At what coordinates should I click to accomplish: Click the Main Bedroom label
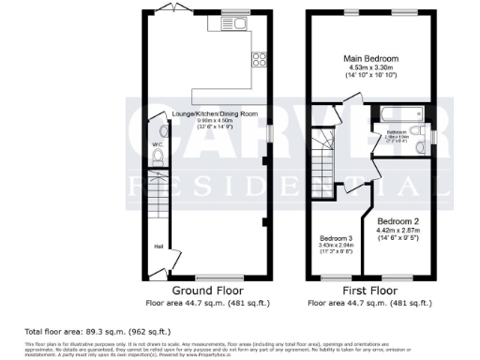pos(371,59)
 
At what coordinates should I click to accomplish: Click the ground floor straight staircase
pos(156,202)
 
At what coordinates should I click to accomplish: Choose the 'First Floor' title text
pos(372,292)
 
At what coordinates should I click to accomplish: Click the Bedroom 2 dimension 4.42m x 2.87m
pos(399,230)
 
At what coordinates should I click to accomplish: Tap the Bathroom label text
pos(396,133)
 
